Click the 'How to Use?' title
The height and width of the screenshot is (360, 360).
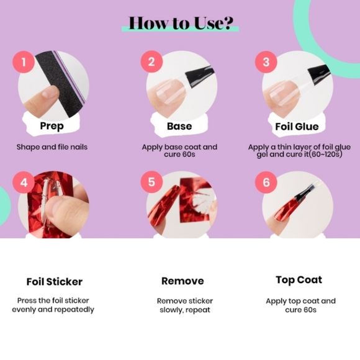coord(181,23)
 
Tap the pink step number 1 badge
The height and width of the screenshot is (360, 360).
coord(24,62)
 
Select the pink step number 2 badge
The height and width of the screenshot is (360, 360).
coord(151,62)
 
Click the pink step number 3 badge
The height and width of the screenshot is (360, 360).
coord(266,62)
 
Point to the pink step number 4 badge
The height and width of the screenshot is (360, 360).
coord(24,182)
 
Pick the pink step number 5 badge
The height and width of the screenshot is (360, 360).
coord(151,182)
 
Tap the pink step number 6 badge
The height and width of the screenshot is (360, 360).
coord(266,182)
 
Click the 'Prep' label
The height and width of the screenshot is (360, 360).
coord(52,126)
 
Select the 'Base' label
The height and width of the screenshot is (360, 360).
coord(179,126)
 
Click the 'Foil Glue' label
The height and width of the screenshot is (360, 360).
coord(297,127)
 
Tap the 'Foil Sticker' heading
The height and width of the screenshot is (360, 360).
coord(55,282)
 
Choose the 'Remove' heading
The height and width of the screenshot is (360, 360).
coord(182,281)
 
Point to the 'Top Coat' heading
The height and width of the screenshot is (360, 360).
coord(299,280)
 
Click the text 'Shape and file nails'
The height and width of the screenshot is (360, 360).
coord(52,147)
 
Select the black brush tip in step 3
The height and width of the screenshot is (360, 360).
coord(318,73)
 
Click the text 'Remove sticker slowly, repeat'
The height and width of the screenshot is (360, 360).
coord(185,305)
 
